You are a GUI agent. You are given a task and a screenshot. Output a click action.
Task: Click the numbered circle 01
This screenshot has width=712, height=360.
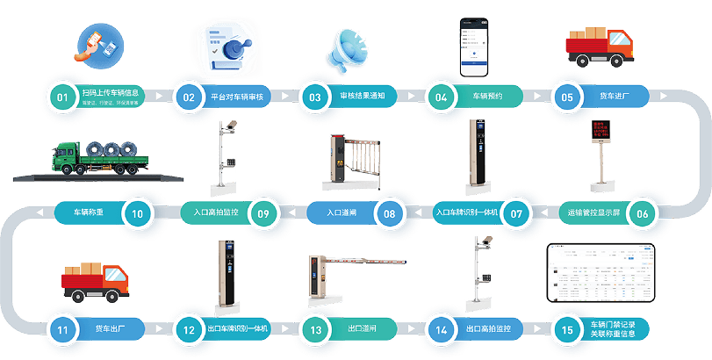[61, 96]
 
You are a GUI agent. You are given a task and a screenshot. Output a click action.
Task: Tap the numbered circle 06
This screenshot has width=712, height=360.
[643, 212]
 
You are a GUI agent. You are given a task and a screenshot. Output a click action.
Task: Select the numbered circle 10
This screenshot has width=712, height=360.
[137, 212]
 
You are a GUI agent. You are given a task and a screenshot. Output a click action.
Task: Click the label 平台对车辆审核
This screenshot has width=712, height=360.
[237, 96]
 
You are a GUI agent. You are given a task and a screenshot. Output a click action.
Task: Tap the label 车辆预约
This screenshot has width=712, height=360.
[487, 96]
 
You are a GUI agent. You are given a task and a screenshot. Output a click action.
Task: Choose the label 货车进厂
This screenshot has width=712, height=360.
[612, 96]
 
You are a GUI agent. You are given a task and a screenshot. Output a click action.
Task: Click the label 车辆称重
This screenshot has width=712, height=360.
[88, 212]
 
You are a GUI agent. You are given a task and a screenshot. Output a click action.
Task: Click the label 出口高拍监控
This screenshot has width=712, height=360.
[487, 329]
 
